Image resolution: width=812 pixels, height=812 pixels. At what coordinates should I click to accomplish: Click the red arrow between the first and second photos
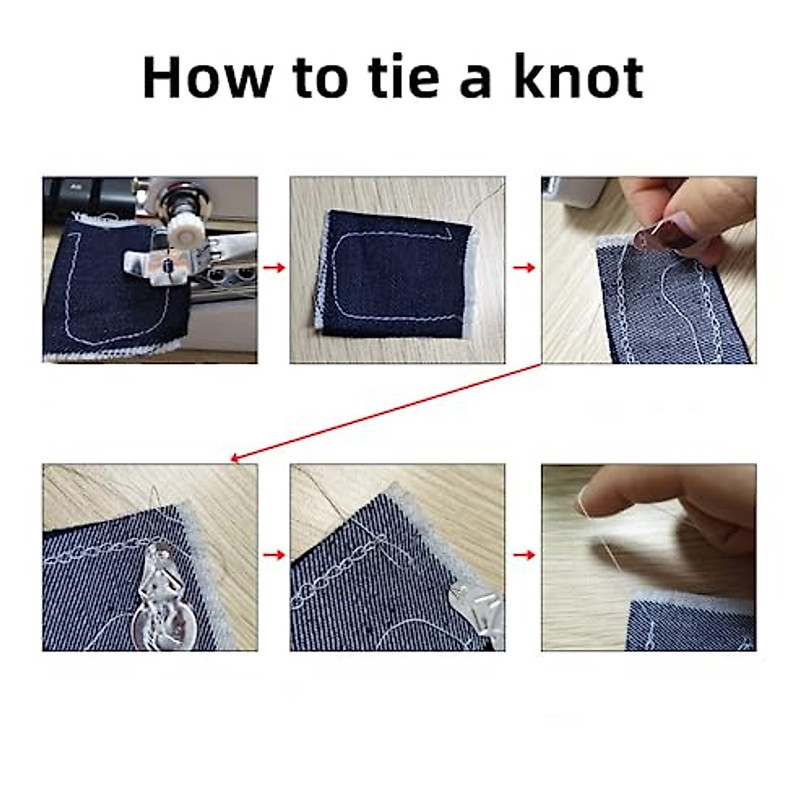coord(273,268)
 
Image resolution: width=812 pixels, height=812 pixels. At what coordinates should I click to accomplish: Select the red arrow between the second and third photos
coord(524,268)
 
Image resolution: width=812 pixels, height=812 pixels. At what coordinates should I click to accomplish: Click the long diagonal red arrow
coord(386,413)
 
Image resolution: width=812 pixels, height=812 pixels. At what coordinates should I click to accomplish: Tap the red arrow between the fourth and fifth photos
coord(273,555)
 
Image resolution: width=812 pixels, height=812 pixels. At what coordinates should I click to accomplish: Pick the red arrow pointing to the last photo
coord(524,555)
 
